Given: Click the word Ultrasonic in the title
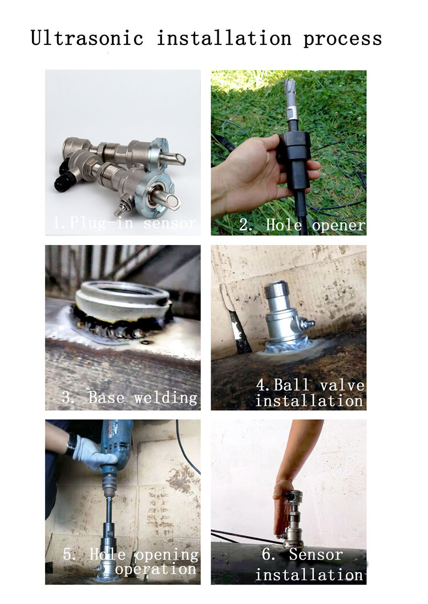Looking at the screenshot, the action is pos(87,38).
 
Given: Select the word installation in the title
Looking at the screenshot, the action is pos(224,38).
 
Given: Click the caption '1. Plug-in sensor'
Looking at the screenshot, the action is pos(124,223).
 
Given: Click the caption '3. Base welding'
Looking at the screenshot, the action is pos(130,397).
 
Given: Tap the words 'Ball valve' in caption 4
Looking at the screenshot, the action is pos(319,385).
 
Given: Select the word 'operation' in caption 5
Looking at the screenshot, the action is pos(156,569).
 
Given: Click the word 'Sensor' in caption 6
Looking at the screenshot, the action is pos(316,554).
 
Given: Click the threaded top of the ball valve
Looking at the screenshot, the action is pos(276,289).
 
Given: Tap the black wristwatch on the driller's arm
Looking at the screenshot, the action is pos(71,443).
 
